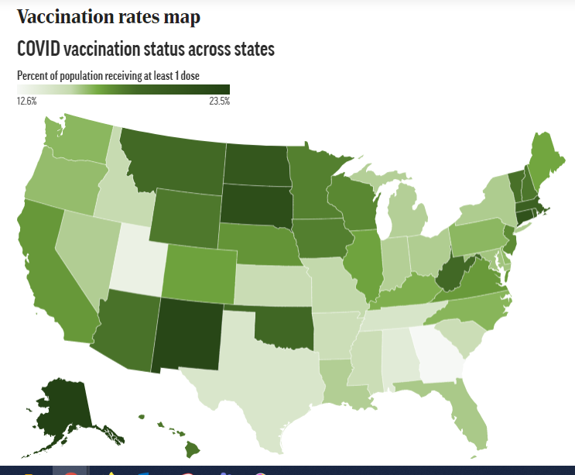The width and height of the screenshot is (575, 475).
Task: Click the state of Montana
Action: pyautogui.click(x=174, y=163)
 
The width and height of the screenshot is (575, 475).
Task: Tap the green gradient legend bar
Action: pyautogui.click(x=124, y=89)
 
